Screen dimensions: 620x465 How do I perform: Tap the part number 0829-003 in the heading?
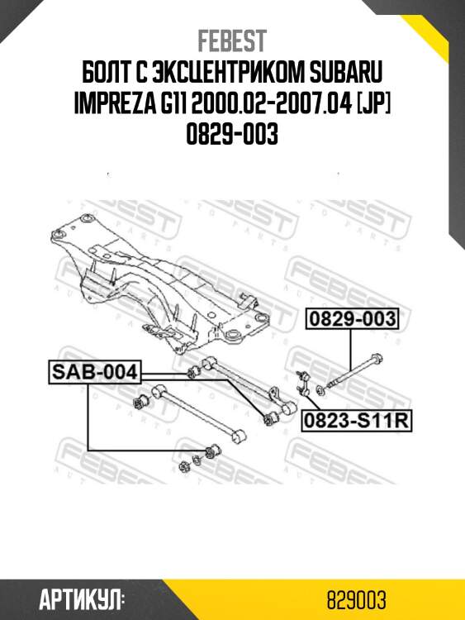(232, 132)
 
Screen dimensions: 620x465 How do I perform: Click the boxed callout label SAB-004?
(93, 371)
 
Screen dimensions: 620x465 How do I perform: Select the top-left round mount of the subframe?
(84, 220)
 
